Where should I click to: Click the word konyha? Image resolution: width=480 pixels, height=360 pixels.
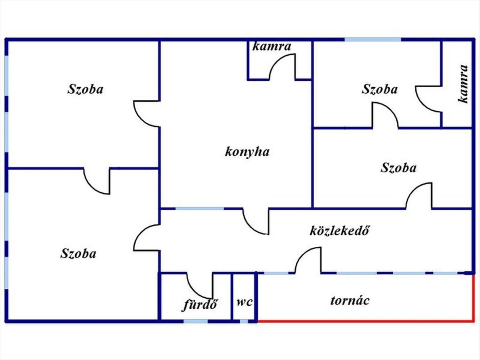(x=247, y=152)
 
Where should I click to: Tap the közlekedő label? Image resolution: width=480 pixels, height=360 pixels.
(x=340, y=230)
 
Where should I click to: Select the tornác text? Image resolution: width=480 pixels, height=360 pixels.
(x=350, y=300)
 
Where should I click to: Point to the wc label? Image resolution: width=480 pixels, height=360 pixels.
(x=245, y=302)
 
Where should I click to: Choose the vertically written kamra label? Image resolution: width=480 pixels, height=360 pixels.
(x=463, y=84)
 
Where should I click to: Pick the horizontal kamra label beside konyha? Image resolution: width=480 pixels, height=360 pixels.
(x=272, y=46)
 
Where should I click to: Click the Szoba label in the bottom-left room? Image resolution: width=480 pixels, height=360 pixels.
(x=78, y=254)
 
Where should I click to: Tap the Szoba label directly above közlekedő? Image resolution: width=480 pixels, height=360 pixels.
(x=398, y=168)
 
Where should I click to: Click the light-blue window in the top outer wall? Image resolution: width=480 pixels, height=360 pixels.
(x=373, y=40)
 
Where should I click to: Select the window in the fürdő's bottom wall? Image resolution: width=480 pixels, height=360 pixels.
(x=196, y=321)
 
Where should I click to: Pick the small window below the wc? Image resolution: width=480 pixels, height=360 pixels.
(x=244, y=321)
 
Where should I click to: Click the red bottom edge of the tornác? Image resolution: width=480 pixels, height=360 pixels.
(x=366, y=321)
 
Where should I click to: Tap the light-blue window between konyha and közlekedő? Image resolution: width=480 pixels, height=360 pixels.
(x=200, y=208)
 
